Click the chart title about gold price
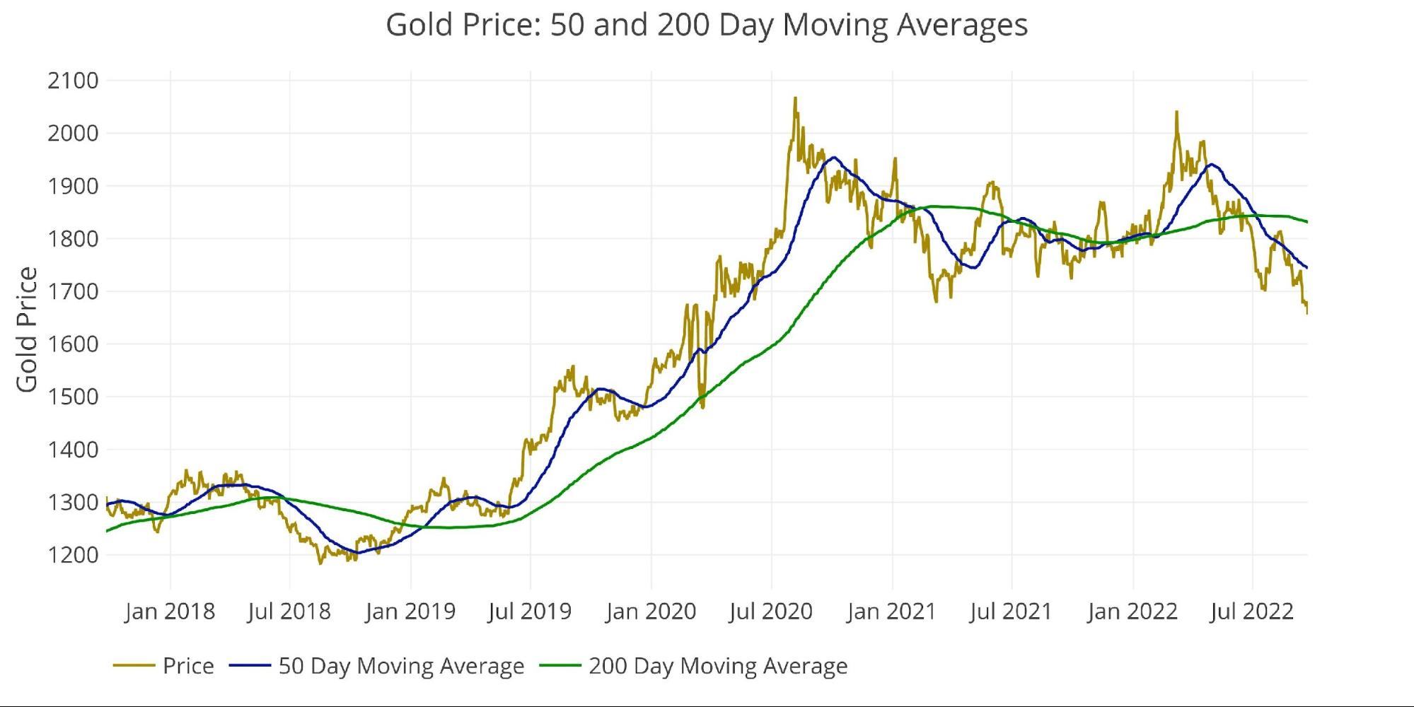point(706,25)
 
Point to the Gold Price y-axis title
point(27,329)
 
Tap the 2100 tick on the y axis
point(73,81)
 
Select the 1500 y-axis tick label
point(73,397)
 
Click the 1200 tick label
point(73,555)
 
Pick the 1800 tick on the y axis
point(73,239)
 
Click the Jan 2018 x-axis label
point(170,611)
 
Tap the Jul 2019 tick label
point(530,611)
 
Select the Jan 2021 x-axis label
point(891,611)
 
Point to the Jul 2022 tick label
point(1252,611)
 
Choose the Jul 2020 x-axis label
point(771,611)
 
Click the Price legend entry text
point(188,666)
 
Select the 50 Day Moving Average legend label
point(401,666)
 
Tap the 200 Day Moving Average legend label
point(718,666)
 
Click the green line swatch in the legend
point(560,666)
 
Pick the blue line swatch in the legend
point(250,666)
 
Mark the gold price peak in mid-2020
point(795,98)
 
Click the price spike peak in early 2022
point(1176,112)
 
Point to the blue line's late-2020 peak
point(835,158)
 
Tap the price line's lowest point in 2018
point(320,563)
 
